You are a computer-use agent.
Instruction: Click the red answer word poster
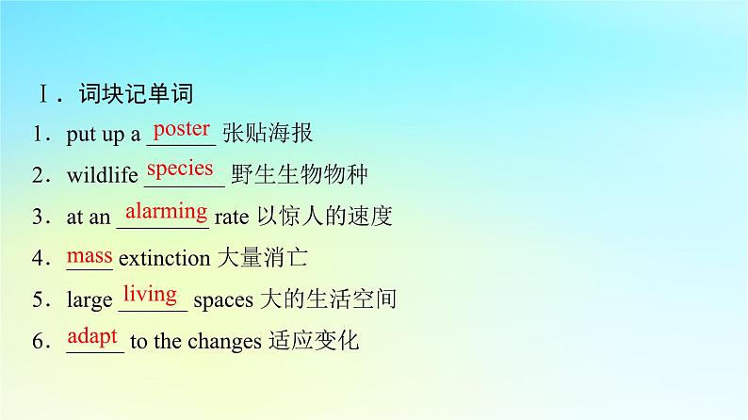pos(182,129)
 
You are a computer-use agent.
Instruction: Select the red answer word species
pos(180,170)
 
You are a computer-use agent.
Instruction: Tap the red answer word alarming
pos(167,211)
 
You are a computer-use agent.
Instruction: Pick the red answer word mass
pos(89,256)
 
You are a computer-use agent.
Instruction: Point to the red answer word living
pos(151,295)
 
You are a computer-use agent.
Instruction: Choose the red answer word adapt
pos(92,336)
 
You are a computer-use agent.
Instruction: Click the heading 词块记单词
pos(137,93)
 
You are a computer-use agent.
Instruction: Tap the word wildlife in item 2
pos(102,175)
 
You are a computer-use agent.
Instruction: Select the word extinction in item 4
pos(164,258)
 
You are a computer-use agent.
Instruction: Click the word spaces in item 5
pos(223,300)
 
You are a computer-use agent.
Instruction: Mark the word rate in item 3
pos(232,218)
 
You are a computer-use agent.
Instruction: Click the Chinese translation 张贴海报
pos(268,133)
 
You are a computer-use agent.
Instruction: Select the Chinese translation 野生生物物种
pos(300,174)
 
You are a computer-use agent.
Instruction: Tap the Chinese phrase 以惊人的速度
pos(325,216)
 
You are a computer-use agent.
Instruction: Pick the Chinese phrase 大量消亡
pos(263,257)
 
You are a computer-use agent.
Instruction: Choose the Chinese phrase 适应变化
pos(314,340)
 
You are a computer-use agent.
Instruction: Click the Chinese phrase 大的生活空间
pos(329,299)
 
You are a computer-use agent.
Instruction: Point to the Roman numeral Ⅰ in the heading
pos(44,93)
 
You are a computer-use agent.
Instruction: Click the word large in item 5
pos(89,300)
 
